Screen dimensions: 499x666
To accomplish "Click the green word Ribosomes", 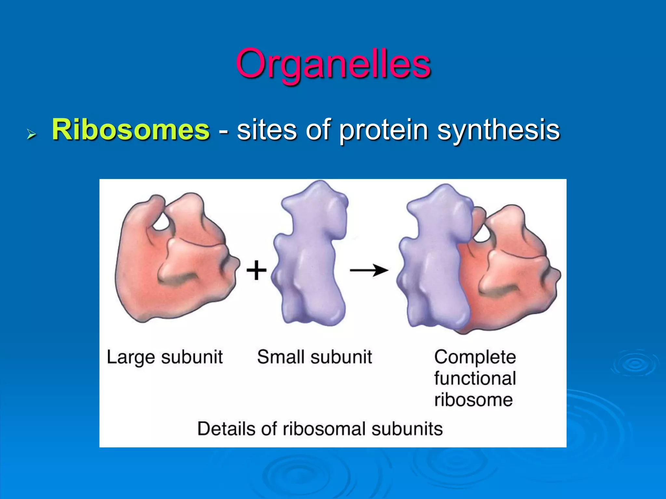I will (130, 130).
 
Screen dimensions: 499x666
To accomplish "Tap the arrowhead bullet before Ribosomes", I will (31, 134).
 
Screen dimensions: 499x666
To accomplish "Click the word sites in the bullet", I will (267, 130).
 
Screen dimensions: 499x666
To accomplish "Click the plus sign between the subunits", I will (256, 270).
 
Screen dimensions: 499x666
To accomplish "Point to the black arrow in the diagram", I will (369, 270).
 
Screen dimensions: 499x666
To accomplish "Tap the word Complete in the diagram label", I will (475, 357).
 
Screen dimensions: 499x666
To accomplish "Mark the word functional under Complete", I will (475, 378).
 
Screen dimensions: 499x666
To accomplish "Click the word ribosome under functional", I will (473, 400).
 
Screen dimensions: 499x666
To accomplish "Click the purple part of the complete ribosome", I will (436, 260).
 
